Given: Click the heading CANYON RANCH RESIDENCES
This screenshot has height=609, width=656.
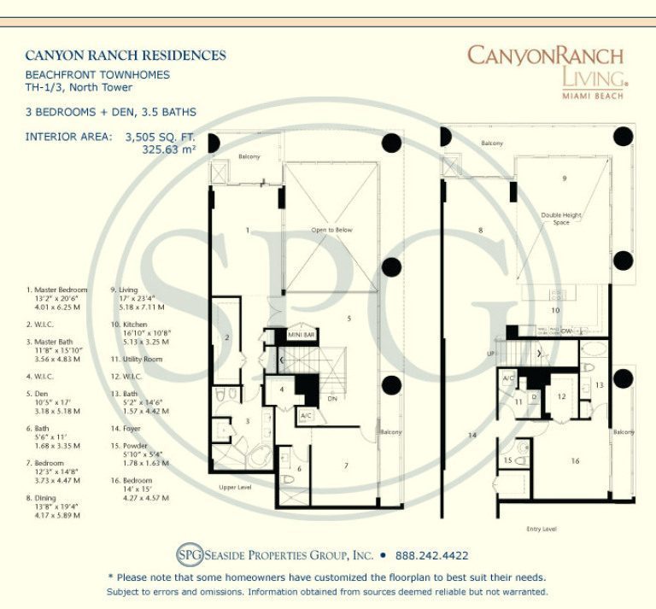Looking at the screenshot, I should pyautogui.click(x=126, y=56).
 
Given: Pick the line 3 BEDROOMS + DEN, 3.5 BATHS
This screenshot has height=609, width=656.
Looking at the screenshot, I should pyautogui.click(x=110, y=112).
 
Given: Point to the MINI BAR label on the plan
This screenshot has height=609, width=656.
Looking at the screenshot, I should pyautogui.click(x=302, y=336).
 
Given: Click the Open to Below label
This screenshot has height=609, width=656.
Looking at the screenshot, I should pyautogui.click(x=331, y=230).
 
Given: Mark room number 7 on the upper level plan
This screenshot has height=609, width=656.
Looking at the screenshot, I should pyautogui.click(x=347, y=466).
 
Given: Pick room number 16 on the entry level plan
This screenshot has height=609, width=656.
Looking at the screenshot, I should pyautogui.click(x=575, y=460).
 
